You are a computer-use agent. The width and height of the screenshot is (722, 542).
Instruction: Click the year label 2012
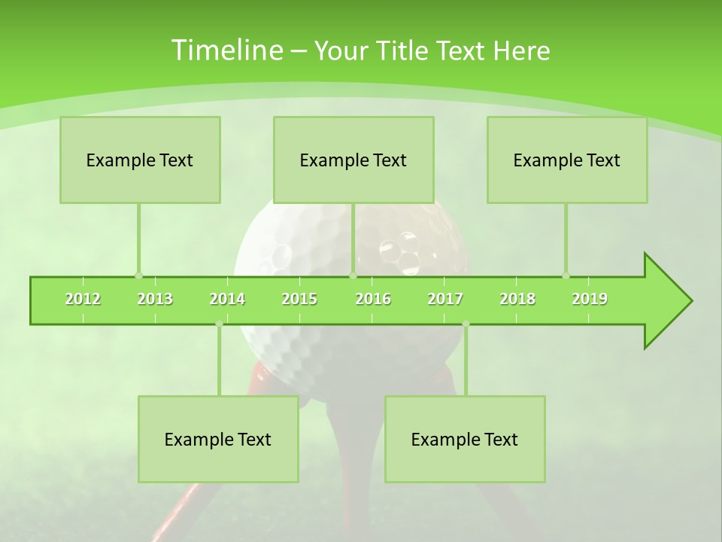pyautogui.click(x=83, y=299)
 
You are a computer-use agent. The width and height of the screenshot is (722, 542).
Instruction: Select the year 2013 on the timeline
pyautogui.click(x=155, y=299)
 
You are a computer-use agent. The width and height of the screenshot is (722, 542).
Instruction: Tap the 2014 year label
pyautogui.click(x=227, y=299)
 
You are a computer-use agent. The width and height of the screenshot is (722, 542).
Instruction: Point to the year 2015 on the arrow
pyautogui.click(x=299, y=299)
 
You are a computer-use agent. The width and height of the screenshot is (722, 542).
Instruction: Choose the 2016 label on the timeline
pyautogui.click(x=373, y=299)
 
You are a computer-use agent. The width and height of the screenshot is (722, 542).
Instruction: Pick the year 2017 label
pyautogui.click(x=445, y=299)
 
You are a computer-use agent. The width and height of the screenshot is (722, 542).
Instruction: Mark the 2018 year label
pyautogui.click(x=517, y=299)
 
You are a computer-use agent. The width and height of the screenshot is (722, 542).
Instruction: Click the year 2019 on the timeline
pyautogui.click(x=590, y=299)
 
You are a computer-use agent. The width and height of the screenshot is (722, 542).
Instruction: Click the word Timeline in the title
pyautogui.click(x=225, y=50)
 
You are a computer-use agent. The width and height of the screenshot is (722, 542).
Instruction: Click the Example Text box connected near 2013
pyautogui.click(x=140, y=160)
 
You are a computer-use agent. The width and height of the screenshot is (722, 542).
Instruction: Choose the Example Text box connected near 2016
pyautogui.click(x=353, y=160)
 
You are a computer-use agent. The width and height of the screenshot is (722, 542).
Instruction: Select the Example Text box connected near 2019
pyautogui.click(x=567, y=160)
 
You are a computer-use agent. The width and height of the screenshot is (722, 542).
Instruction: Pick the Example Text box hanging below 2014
pyautogui.click(x=218, y=439)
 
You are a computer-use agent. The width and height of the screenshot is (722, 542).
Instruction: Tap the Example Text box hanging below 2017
pyautogui.click(x=465, y=439)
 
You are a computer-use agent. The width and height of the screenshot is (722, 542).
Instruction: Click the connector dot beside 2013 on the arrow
pyautogui.click(x=138, y=276)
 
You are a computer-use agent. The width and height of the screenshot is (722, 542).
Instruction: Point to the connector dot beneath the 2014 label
pyautogui.click(x=219, y=324)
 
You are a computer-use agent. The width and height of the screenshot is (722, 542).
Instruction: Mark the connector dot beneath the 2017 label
pyautogui.click(x=466, y=324)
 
